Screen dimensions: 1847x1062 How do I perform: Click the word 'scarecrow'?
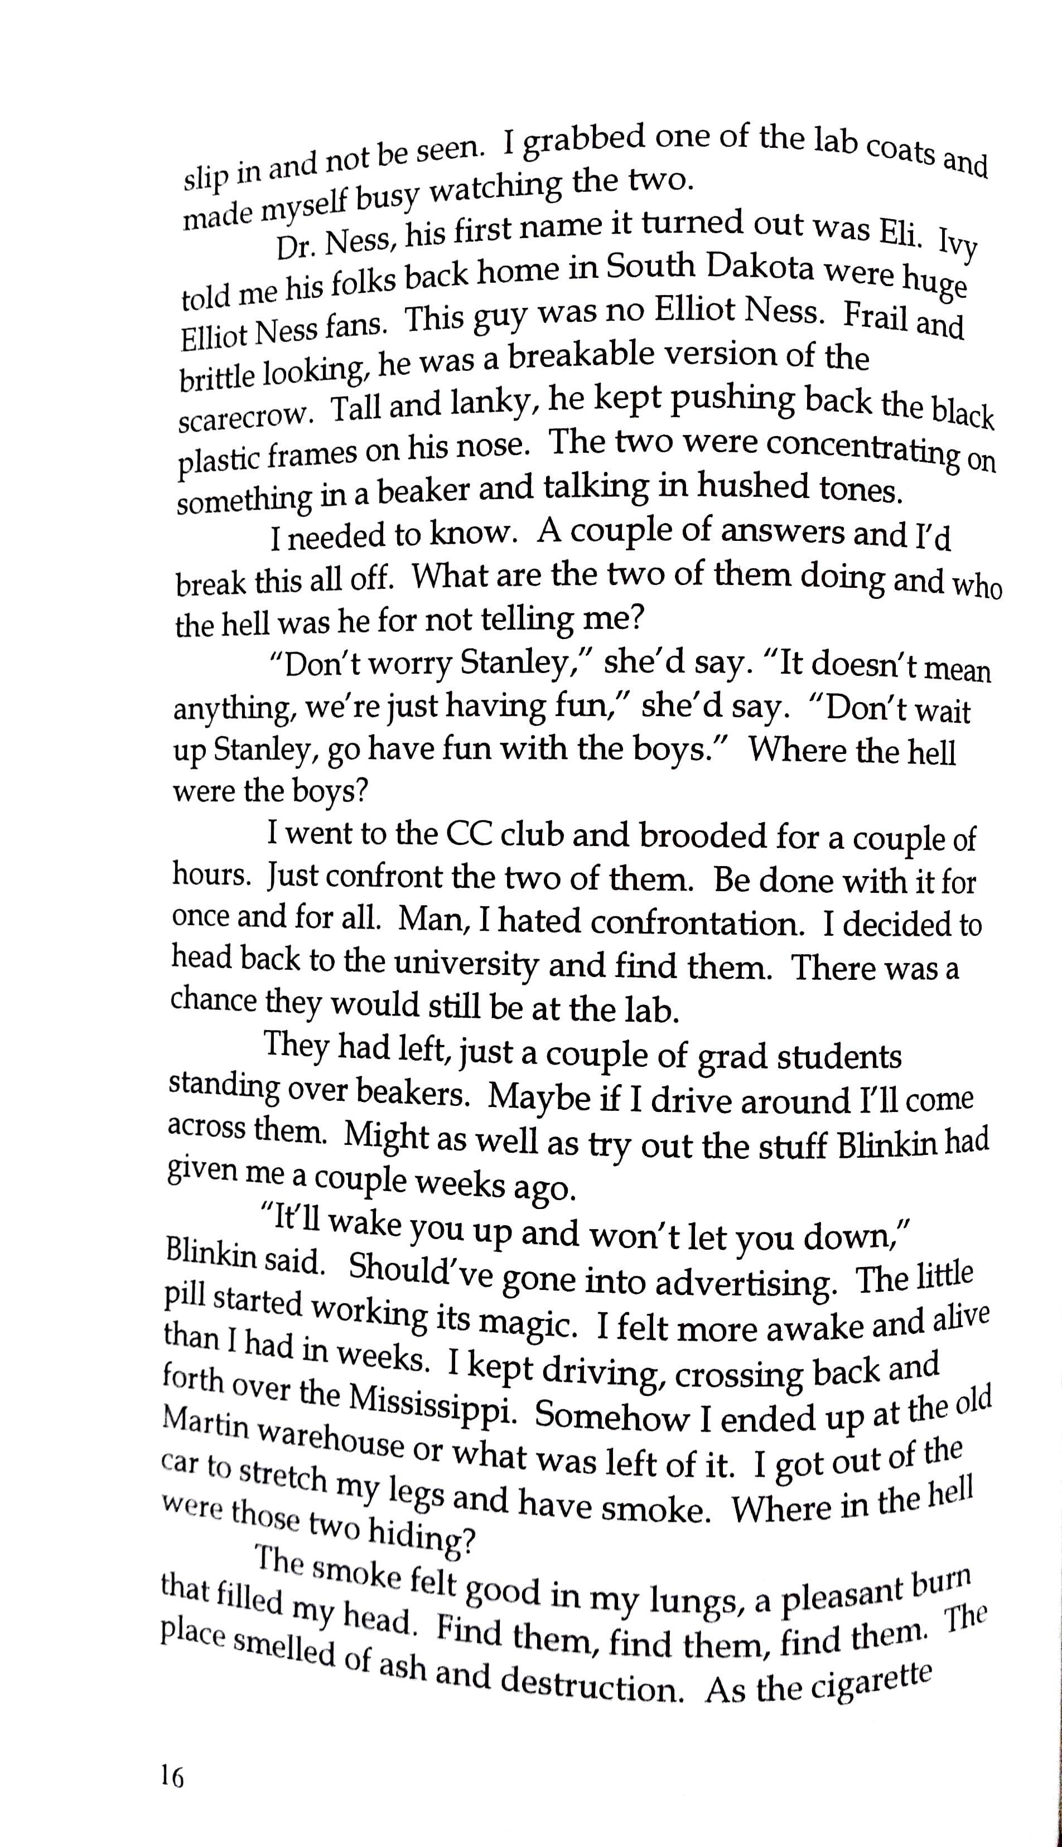[245, 417]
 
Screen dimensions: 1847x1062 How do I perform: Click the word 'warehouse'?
[331, 1441]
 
